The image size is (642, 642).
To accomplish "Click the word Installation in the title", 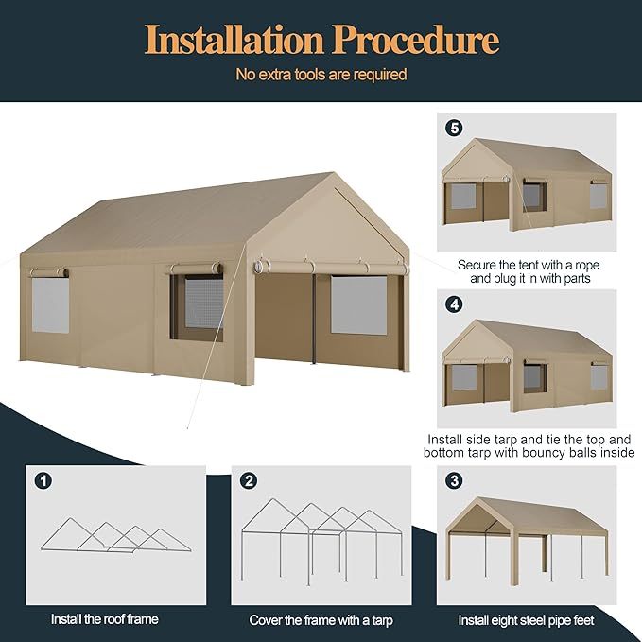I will click(233, 40).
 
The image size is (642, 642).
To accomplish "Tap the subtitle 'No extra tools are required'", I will click(321, 74).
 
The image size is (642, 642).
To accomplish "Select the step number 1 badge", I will click(44, 480).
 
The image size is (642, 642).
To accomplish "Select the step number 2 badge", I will click(249, 480).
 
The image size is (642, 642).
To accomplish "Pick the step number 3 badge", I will click(454, 480).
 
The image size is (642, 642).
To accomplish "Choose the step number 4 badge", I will click(454, 304).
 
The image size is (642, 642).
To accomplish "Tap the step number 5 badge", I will click(454, 127).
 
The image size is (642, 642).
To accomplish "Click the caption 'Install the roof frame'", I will click(104, 619).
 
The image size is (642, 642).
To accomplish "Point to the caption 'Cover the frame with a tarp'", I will click(321, 620).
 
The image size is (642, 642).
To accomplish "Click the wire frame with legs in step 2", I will click(321, 544).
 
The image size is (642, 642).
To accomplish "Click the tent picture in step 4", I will click(527, 364).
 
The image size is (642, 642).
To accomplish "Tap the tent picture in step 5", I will click(527, 184).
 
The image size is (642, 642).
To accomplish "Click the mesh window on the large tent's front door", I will click(358, 304).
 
